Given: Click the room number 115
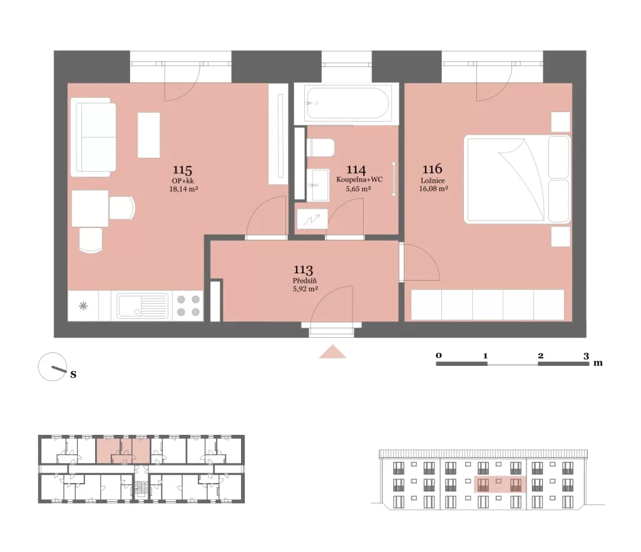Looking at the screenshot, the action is pyautogui.click(x=182, y=170).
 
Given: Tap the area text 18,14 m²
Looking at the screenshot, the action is pyautogui.click(x=183, y=189).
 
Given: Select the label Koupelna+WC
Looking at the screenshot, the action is pyautogui.click(x=359, y=180).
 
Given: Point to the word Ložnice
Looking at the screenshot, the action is pyautogui.click(x=433, y=180).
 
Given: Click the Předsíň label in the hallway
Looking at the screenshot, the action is pyautogui.click(x=305, y=281).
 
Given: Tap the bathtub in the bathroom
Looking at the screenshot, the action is pyautogui.click(x=347, y=103).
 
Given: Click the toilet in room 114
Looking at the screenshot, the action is pyautogui.click(x=320, y=147).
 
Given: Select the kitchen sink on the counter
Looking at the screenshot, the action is pyautogui.click(x=142, y=306).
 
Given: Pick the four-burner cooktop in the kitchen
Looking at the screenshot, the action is pyautogui.click(x=188, y=306).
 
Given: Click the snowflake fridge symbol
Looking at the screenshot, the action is pyautogui.click(x=83, y=306).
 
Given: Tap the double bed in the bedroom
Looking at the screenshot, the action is pyautogui.click(x=517, y=179).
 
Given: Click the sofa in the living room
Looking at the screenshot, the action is pyautogui.click(x=93, y=137).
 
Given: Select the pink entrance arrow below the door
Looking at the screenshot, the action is pyautogui.click(x=333, y=352).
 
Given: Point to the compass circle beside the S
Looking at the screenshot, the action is pyautogui.click(x=53, y=367).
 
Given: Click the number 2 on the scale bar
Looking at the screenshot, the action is pyautogui.click(x=540, y=356).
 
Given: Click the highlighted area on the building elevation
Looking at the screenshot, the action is pyautogui.click(x=500, y=484).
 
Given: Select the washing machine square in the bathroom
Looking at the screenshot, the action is pyautogui.click(x=312, y=219).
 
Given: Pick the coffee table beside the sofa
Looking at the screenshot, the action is pyautogui.click(x=148, y=135).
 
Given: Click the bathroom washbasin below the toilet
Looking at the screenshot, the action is pyautogui.click(x=318, y=185).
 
